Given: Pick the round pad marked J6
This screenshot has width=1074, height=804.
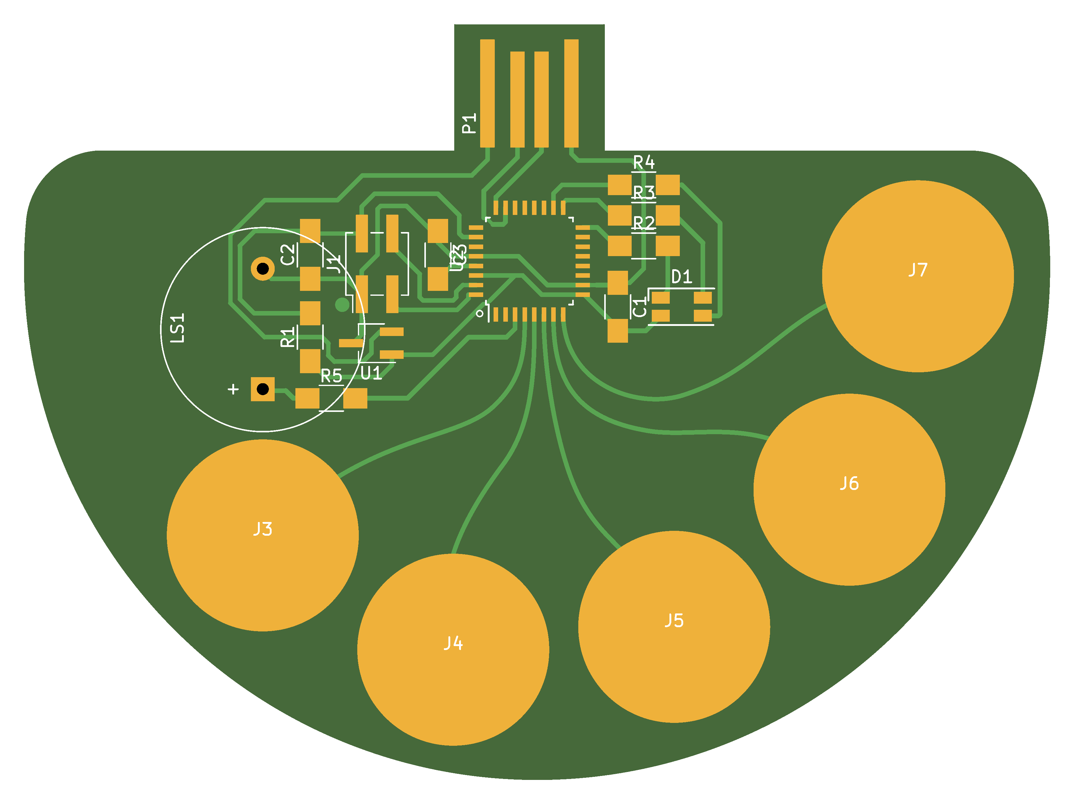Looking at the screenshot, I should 849,489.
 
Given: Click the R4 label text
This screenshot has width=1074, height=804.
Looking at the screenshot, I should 644,162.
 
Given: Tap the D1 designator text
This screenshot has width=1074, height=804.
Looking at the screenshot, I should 681,277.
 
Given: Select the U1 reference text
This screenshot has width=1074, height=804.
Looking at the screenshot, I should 371,373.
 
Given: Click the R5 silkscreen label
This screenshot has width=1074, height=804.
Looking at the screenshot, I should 332,376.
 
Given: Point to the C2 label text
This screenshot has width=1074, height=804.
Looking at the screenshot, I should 288,254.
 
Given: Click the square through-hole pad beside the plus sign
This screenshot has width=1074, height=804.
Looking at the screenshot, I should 263,389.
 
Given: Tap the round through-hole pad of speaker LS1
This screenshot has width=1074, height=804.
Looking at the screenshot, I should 263,268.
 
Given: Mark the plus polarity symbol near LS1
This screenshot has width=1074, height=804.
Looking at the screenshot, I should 233,389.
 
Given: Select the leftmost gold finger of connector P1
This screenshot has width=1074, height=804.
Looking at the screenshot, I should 487,93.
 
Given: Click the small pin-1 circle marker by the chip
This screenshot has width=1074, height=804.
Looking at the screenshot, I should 480,313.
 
